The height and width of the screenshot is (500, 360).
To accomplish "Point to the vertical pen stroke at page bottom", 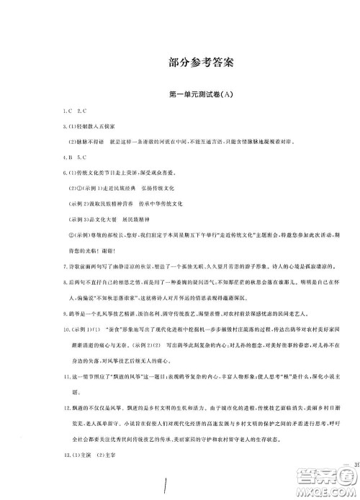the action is pos(167,486).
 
